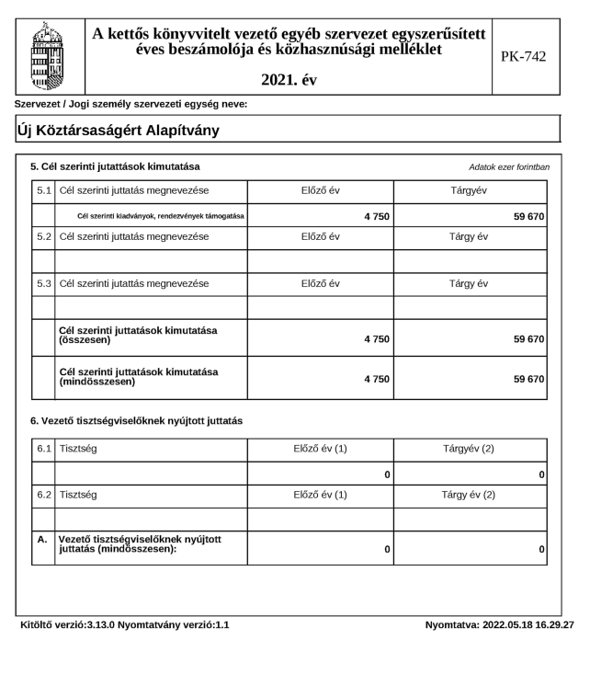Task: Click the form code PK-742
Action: click(523, 57)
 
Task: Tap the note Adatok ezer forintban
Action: click(509, 167)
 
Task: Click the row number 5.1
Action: click(42, 190)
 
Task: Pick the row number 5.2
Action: click(42, 236)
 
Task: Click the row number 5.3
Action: click(42, 283)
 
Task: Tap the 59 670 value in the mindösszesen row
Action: click(528, 377)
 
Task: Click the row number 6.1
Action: click(42, 449)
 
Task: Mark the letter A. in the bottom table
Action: click(42, 540)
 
